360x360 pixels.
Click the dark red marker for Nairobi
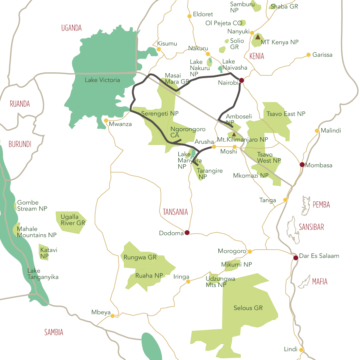tap(241, 80)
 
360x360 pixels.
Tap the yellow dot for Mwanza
tap(106, 121)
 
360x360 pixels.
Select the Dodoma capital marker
tap(187, 233)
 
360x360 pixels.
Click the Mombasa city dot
tap(302, 165)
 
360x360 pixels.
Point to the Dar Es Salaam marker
tap(295, 258)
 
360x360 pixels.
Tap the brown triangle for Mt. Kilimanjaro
tap(234, 134)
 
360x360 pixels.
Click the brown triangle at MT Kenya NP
tap(258, 37)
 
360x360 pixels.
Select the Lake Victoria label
tap(102, 80)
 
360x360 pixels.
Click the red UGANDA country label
tap(71, 28)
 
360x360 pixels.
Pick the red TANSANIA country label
tap(175, 212)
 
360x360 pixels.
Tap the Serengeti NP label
tap(160, 113)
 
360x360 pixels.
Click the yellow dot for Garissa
tap(308, 55)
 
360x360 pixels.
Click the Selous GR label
tap(248, 308)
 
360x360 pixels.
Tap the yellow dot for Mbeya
tap(112, 316)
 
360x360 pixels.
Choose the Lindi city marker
tap(301, 350)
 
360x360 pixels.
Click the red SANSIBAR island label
tap(311, 227)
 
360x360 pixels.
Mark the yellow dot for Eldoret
tap(190, 16)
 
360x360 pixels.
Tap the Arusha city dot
tap(214, 147)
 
